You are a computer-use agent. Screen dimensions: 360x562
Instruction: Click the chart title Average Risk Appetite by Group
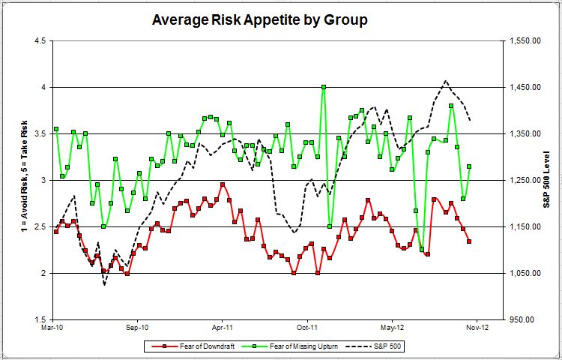coord(259,20)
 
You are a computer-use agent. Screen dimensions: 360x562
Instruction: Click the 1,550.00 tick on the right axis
coord(525,40)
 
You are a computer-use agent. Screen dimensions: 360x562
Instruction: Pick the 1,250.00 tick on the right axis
coord(525,180)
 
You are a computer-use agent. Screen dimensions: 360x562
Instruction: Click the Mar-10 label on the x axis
coord(52,328)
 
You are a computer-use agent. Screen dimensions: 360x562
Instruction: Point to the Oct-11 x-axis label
coord(308,328)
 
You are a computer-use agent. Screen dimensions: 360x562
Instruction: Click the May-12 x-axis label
coord(393,328)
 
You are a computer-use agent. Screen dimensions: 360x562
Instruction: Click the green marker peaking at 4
coord(324,87)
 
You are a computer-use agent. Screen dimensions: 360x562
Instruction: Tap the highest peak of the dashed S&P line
coord(446,81)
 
